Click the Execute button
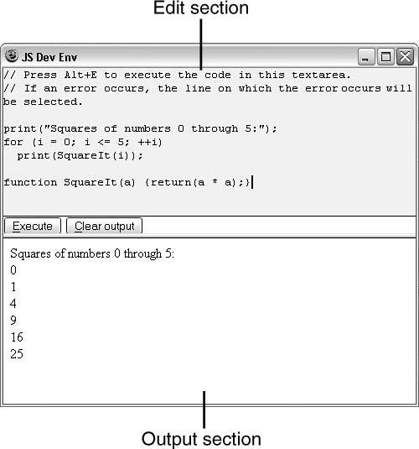[x=33, y=226]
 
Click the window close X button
[x=405, y=57]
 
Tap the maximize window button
[x=385, y=57]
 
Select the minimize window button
[x=366, y=57]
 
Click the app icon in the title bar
[x=12, y=55]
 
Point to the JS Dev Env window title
[x=49, y=57]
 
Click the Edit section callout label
[x=201, y=8]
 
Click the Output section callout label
[x=201, y=439]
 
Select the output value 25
[x=17, y=354]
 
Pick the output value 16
[x=17, y=337]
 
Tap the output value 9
[x=13, y=320]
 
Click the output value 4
[x=13, y=304]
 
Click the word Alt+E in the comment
[x=80, y=75]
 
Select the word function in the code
[x=30, y=182]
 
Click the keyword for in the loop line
[x=13, y=142]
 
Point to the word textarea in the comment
[x=321, y=75]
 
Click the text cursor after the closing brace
[x=252, y=182]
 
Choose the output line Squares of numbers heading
[x=92, y=253]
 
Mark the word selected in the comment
[x=53, y=102]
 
